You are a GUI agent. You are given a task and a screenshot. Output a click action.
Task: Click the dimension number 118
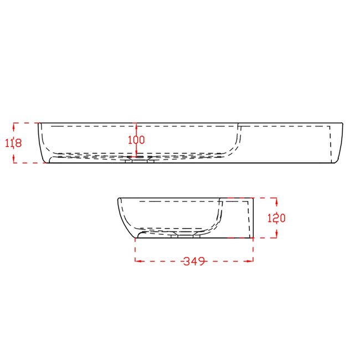coord(13,143)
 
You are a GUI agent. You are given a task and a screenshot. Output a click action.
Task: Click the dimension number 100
coord(136,140)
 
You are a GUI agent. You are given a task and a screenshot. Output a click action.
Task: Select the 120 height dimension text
coord(276,218)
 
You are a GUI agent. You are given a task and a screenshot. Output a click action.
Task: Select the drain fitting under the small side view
coord(185,236)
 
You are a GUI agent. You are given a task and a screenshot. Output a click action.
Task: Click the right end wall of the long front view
coord(340,143)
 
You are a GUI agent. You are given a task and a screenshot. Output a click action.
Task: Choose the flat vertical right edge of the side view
coord(253,217)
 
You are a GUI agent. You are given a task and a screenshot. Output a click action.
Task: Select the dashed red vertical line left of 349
coord(136,249)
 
